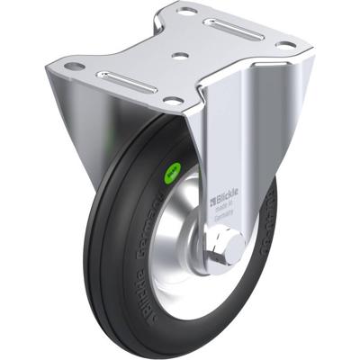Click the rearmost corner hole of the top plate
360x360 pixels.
pos(187,12)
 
